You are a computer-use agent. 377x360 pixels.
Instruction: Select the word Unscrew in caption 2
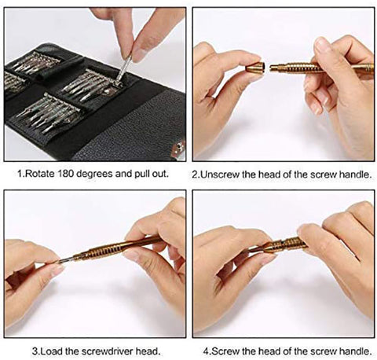(219, 174)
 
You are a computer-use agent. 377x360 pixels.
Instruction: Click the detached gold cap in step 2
(255, 68)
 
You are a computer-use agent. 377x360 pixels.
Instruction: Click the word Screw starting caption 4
(225, 351)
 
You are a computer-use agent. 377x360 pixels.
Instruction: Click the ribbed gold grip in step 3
(110, 250)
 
